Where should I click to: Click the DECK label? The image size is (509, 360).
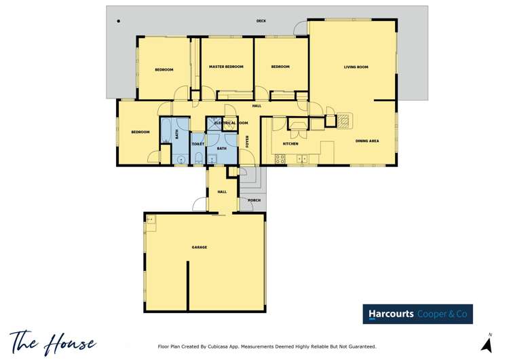click(x=261, y=21)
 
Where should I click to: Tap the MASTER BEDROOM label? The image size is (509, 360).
click(x=226, y=67)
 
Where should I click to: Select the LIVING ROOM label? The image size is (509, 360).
click(x=356, y=67)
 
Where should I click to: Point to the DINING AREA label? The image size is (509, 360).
click(x=367, y=141)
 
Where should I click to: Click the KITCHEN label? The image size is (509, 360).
click(x=290, y=143)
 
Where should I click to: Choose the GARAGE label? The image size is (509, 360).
click(x=200, y=247)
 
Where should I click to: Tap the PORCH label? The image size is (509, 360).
click(x=254, y=200)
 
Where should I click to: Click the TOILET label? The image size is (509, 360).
click(x=198, y=144)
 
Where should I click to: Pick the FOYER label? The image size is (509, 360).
click(x=247, y=142)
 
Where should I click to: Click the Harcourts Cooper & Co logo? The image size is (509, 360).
click(x=417, y=314)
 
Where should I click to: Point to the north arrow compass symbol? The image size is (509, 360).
click(x=487, y=343)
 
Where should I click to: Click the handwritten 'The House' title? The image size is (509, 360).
click(x=53, y=342)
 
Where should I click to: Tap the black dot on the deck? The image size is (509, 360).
click(x=119, y=21)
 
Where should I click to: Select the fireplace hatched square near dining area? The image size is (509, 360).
click(x=343, y=120)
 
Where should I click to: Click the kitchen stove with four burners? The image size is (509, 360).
click(x=280, y=159)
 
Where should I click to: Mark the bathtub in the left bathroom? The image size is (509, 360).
click(x=166, y=130)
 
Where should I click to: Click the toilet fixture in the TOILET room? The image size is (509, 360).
click(x=198, y=158)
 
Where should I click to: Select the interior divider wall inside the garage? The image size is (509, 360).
click(x=187, y=285)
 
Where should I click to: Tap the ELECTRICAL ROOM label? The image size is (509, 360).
click(x=231, y=123)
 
